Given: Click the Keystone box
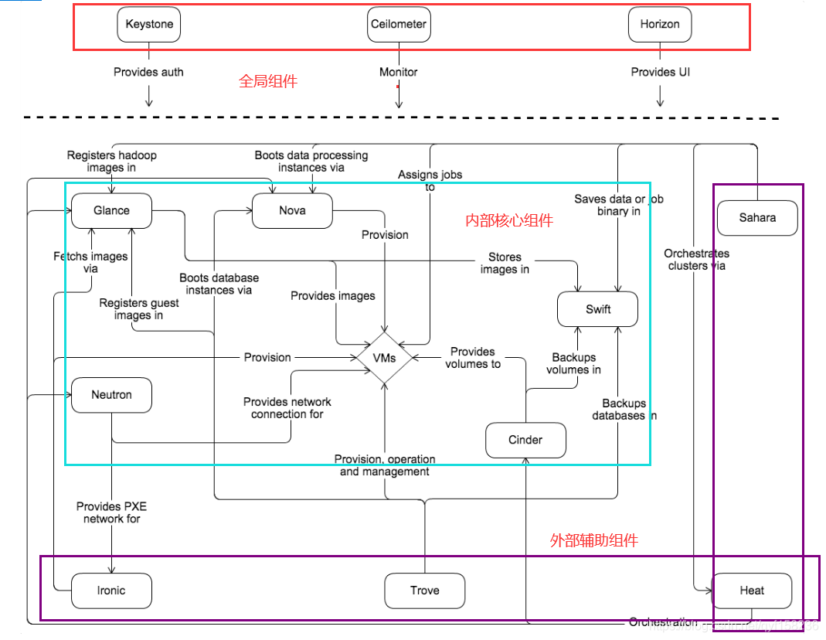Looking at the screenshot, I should tap(149, 24).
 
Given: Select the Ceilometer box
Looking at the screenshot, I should tap(398, 24).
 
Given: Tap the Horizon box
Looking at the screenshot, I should tap(660, 24).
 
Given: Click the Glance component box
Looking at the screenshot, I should tap(111, 210).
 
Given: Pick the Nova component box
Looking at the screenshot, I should tap(292, 210).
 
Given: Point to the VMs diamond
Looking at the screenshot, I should tap(384, 358).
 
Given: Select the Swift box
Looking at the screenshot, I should tap(598, 309).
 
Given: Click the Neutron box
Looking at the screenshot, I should tap(111, 395).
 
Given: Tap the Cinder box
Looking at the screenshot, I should tap(525, 440).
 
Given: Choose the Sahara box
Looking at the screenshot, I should tap(757, 218).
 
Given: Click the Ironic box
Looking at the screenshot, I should tap(111, 591).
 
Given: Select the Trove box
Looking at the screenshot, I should tap(424, 591).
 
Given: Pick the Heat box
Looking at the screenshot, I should tap(752, 591).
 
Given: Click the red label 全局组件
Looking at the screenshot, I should tap(267, 81).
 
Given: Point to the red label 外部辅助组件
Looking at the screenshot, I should tap(593, 541).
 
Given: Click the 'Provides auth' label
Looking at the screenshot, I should tap(148, 72).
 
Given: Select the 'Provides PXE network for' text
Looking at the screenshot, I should tap(111, 512).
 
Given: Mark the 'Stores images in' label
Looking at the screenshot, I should tap(505, 263).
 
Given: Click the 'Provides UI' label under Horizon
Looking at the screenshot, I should tap(660, 72).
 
